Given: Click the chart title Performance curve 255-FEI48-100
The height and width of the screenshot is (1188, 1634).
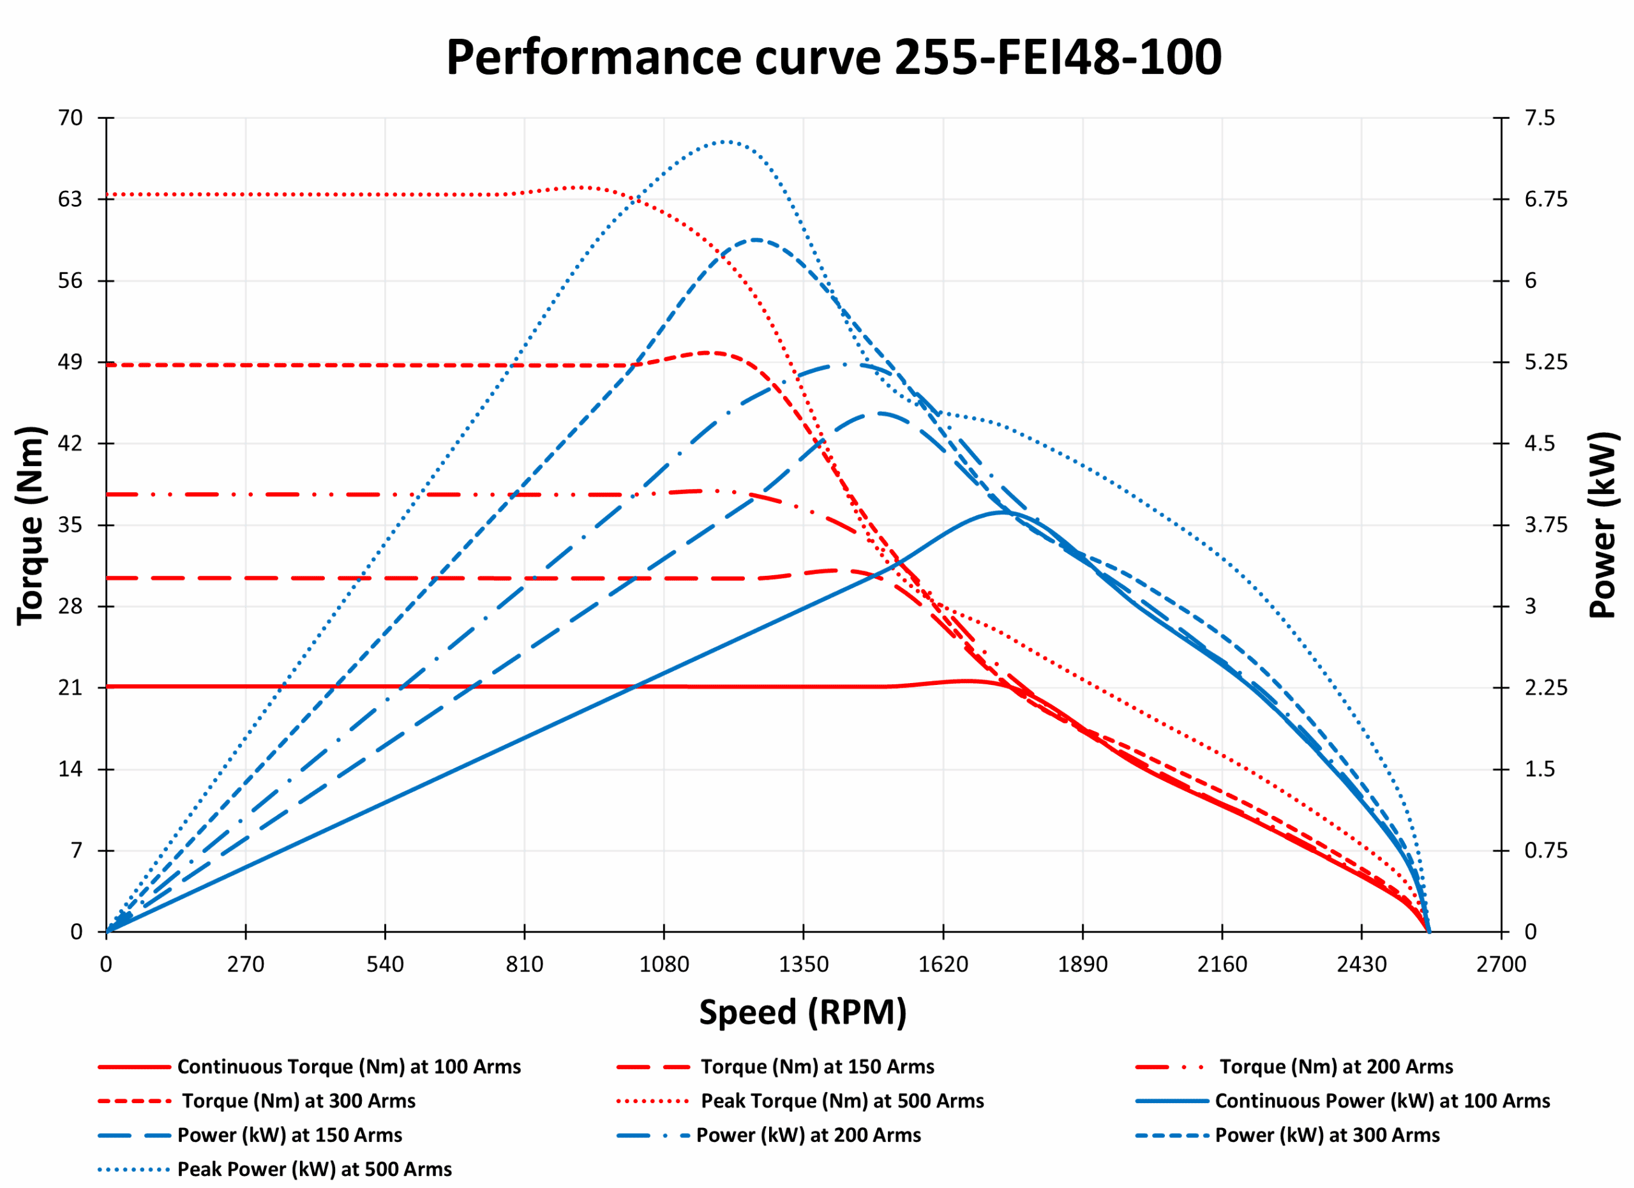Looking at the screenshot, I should (x=834, y=57).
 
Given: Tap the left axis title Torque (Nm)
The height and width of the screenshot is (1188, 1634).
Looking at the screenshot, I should (x=30, y=525).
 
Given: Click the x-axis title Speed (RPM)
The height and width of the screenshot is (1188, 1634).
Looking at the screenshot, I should (x=802, y=1012).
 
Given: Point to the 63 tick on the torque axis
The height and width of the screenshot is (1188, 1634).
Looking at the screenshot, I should (x=71, y=199).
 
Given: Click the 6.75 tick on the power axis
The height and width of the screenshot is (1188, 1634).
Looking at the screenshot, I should (x=1545, y=199).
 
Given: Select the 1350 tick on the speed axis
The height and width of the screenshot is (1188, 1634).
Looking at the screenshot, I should (x=804, y=964).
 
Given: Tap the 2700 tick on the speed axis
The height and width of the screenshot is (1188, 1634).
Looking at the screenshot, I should (x=1501, y=964).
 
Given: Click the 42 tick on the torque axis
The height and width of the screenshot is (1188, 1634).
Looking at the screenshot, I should (x=71, y=443).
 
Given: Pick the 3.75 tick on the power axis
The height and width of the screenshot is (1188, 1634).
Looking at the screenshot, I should (x=1545, y=525).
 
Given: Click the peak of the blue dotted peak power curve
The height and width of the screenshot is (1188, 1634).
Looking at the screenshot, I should (x=725, y=141).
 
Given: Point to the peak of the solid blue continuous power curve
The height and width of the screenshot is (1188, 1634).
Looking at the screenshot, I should (x=1002, y=512).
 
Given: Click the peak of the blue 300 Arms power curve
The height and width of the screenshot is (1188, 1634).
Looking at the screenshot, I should (x=755, y=239).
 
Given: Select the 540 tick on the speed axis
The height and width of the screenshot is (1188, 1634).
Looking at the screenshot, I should (x=385, y=964).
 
